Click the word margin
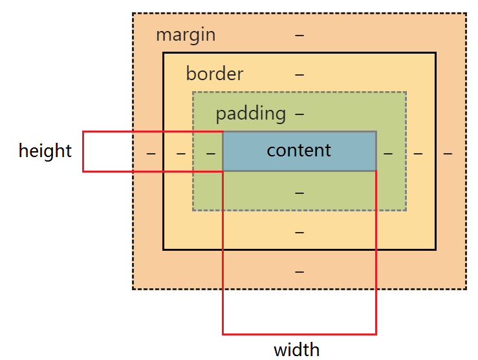[x=186, y=34]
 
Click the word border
[x=214, y=74]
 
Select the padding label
[x=250, y=114]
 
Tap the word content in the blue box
[x=299, y=151]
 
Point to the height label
[x=45, y=151]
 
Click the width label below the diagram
[x=296, y=350]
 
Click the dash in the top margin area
[x=299, y=35]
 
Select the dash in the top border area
[x=299, y=74]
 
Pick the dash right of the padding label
[x=299, y=114]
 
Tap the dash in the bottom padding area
[x=299, y=193]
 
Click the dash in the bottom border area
[x=299, y=232]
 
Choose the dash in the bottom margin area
[x=299, y=271]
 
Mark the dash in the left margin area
[x=151, y=153]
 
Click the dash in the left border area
[x=181, y=153]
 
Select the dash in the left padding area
[x=210, y=153]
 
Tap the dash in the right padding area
[x=388, y=153]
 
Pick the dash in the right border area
[x=418, y=153]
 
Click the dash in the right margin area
[x=448, y=153]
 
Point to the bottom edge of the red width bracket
[x=299, y=334]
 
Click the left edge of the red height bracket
[x=83, y=151]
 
